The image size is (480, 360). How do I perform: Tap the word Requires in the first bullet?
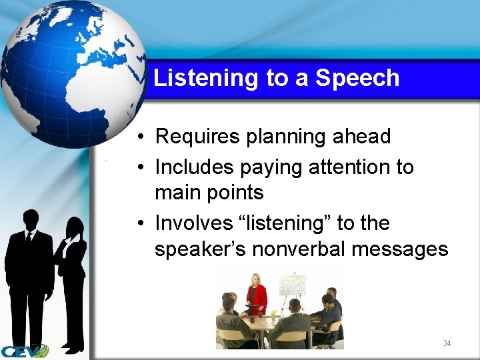tap(197, 137)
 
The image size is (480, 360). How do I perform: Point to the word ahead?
tap(363, 137)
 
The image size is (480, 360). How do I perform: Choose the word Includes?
tap(195, 167)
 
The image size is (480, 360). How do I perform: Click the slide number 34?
tap(447, 343)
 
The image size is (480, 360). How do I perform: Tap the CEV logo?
tap(24, 351)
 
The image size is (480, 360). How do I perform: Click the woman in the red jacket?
tap(255, 293)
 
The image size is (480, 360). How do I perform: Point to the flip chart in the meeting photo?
tap(291, 285)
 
